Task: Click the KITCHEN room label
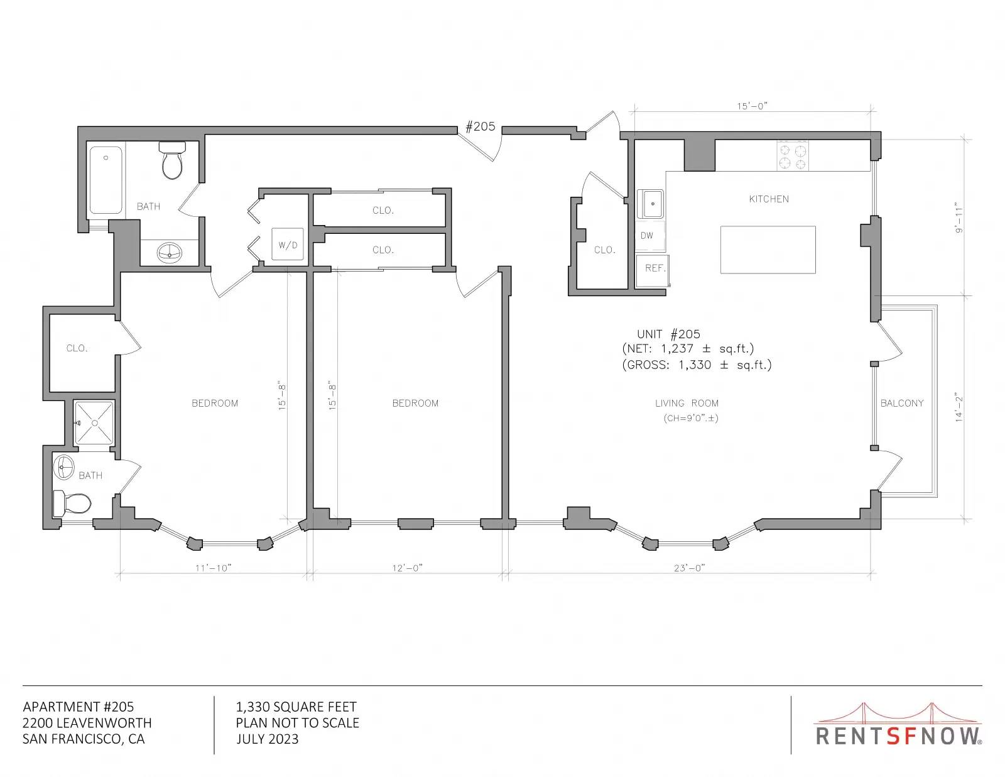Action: coord(769,199)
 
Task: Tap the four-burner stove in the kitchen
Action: coord(792,156)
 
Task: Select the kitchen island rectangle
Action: coord(768,250)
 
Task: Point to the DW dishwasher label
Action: coord(646,236)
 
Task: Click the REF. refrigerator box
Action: coord(652,270)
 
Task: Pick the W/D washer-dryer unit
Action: coord(287,244)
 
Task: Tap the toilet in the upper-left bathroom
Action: coord(173,160)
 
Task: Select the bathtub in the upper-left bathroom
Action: coord(106,180)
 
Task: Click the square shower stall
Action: coord(94,423)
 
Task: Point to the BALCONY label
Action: coord(902,403)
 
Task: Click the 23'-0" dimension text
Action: coord(689,568)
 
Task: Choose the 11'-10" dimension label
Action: coord(213,568)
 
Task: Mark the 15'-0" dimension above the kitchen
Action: coord(752,106)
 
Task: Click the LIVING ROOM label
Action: coord(687,403)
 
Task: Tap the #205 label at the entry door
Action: coord(480,126)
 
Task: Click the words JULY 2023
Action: coord(268,739)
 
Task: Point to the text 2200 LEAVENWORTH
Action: coord(87,723)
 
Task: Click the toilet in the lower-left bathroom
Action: coord(72,503)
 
